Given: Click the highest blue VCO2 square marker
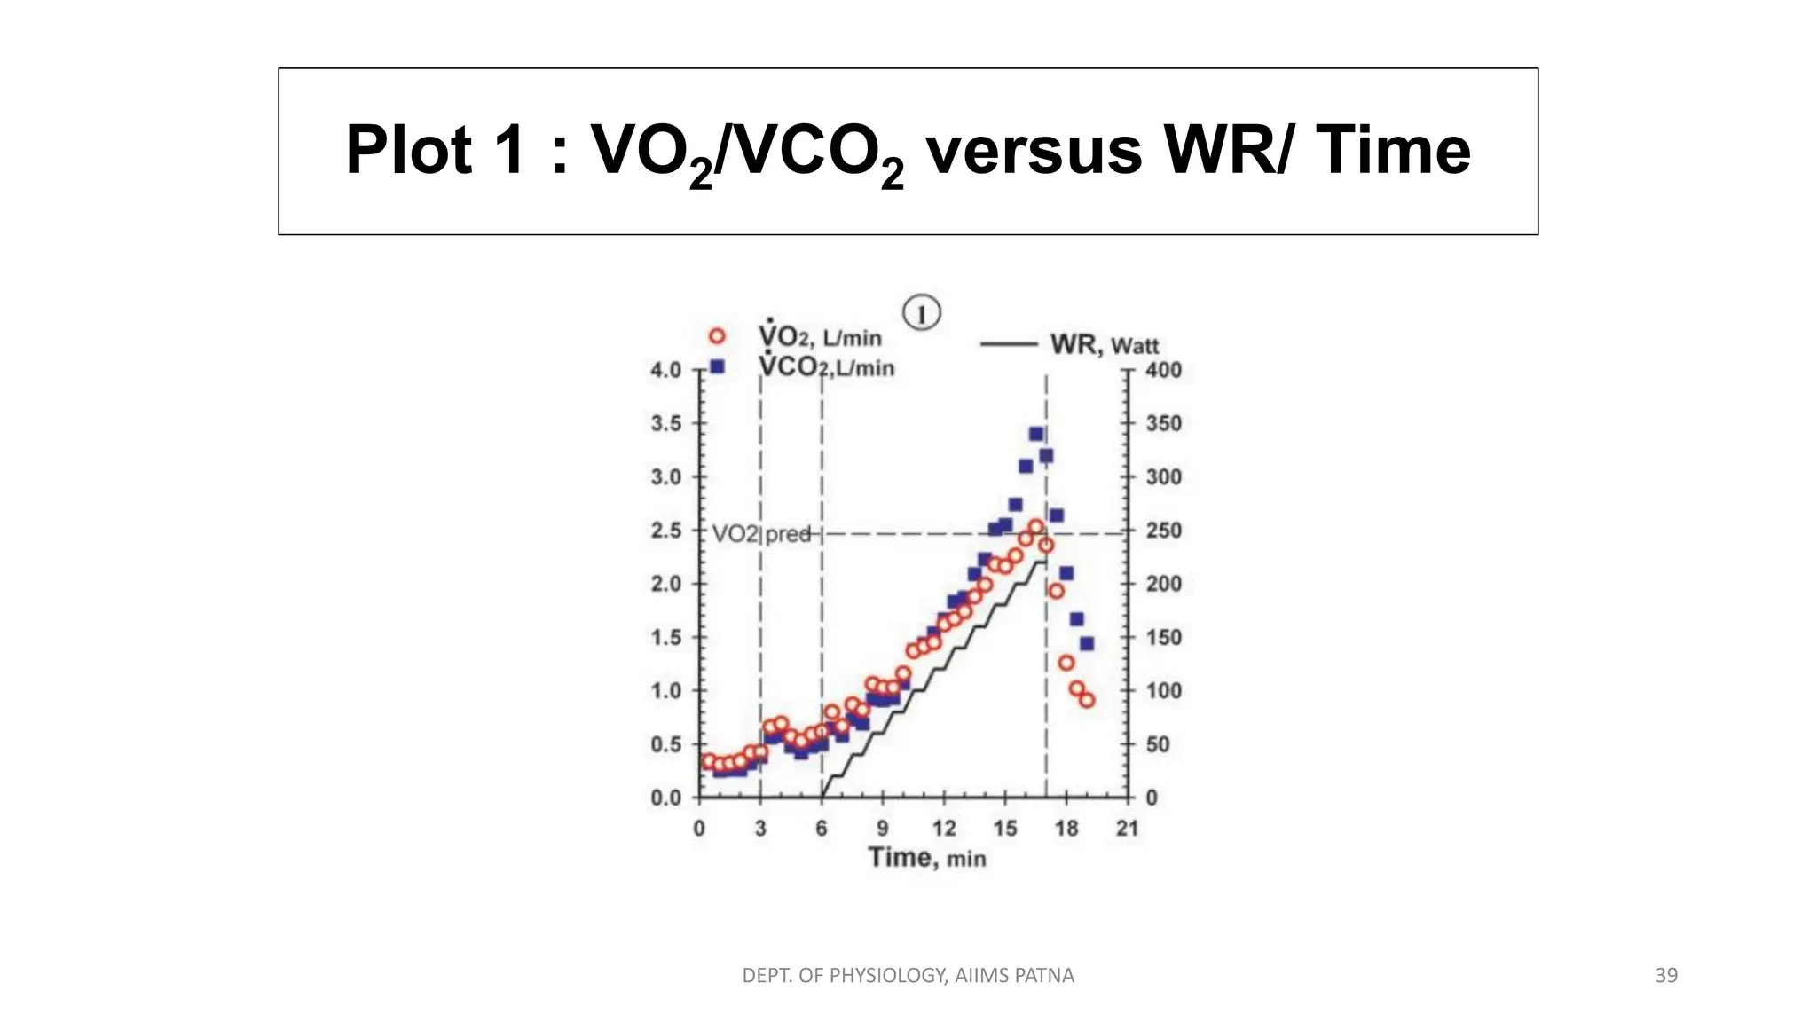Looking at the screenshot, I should click(1035, 434).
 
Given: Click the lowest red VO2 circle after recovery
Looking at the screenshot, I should click(1087, 700).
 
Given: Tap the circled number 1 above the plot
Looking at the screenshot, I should click(921, 313).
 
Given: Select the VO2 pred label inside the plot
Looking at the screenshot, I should click(761, 534).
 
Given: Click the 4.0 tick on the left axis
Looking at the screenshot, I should click(665, 370).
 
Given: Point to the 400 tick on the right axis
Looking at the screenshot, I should click(1163, 370).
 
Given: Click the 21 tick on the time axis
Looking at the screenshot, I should click(1127, 829).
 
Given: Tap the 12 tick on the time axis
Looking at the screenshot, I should click(944, 829).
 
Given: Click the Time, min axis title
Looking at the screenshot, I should click(927, 858).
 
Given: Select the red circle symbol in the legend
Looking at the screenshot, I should click(717, 336).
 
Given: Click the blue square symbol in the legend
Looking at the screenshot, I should click(718, 366).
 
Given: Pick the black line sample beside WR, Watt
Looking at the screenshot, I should click(1009, 344).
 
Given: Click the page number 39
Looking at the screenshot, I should click(1666, 976).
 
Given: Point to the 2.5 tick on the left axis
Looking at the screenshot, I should click(665, 531).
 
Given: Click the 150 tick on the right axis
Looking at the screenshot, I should click(1163, 637).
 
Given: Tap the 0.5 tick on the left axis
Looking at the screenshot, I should click(665, 744).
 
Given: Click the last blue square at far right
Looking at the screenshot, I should click(1087, 643).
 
